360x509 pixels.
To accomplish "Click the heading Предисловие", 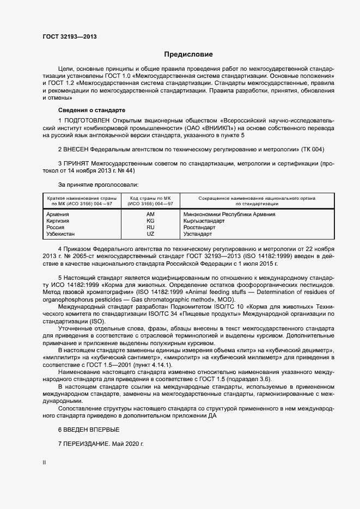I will click(188, 54).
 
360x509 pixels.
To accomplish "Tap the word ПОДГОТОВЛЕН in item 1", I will click(87, 120).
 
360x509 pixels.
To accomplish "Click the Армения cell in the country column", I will click(58, 214).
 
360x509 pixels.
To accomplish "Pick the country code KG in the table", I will click(150, 221).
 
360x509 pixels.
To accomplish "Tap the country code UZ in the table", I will click(150, 234).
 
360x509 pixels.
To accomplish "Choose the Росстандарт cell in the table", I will click(200, 228).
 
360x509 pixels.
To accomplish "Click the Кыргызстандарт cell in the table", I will click(204, 221).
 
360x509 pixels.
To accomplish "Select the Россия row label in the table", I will click(57, 228).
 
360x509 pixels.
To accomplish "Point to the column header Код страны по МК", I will click(150, 198).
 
